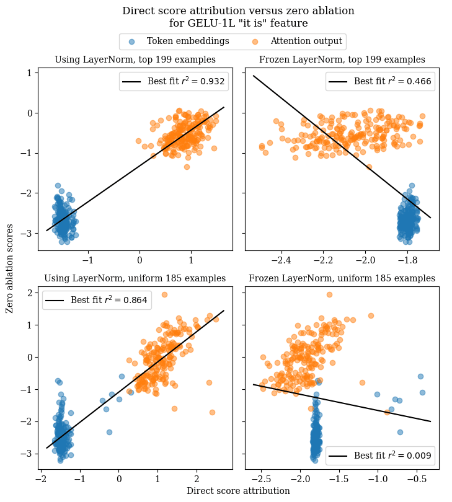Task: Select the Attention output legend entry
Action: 306,42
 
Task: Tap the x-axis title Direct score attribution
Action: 238,491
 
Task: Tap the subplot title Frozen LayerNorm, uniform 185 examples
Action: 342,278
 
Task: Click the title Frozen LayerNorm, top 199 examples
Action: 342,59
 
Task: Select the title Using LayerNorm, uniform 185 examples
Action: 135,278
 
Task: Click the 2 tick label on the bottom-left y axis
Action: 29,293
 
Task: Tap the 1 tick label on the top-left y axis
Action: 29,73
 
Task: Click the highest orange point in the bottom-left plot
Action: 164,294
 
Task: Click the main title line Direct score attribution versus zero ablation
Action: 238,11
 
